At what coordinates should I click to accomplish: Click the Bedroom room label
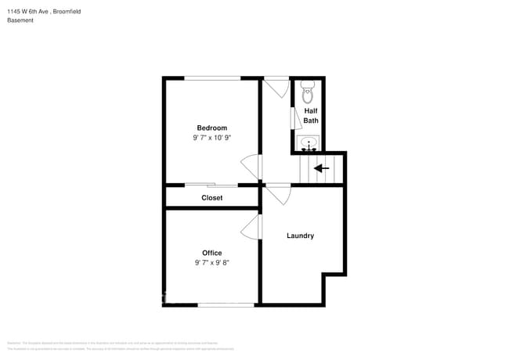tap(211, 128)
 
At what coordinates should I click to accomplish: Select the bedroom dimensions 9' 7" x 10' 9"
tap(211, 138)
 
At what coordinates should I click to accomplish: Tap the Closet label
tap(211, 198)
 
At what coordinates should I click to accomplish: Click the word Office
tap(211, 253)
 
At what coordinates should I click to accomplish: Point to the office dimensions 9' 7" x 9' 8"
tap(211, 263)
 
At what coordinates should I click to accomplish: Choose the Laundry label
tap(300, 236)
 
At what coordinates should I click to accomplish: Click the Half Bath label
tap(311, 116)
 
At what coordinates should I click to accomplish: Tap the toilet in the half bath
tap(307, 92)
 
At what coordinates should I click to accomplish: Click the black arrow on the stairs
tap(321, 167)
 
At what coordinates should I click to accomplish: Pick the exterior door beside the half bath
tap(276, 85)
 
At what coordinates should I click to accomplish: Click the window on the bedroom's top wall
tap(211, 78)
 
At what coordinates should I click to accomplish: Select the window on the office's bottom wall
tap(226, 304)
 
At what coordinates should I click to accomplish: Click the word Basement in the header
tap(20, 20)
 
